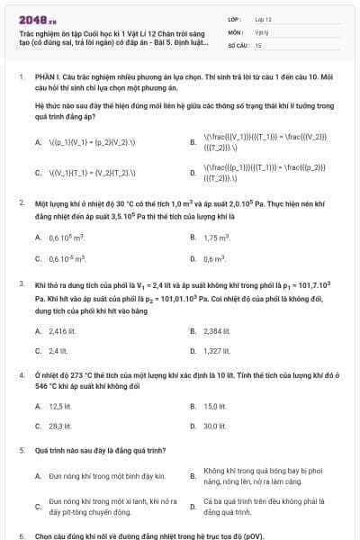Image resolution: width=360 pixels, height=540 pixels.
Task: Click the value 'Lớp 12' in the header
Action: tap(264, 18)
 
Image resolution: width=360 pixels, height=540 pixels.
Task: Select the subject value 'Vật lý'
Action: tap(261, 31)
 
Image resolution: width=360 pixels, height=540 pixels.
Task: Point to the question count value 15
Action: tap(258, 44)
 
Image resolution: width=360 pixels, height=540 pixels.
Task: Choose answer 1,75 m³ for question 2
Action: tap(217, 237)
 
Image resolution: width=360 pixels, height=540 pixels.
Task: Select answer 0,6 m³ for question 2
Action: tap(214, 259)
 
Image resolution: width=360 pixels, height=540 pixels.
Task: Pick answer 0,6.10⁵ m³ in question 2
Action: tap(66, 237)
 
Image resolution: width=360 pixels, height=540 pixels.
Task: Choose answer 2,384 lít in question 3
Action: tap(217, 329)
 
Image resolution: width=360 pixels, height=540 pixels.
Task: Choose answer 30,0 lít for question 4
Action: tap(215, 427)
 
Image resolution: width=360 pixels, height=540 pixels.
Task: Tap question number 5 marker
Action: tap(22, 447)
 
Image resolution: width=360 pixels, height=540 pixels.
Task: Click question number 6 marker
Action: tap(22, 534)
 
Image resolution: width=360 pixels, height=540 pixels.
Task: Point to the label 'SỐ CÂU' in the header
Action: tap(238, 44)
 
